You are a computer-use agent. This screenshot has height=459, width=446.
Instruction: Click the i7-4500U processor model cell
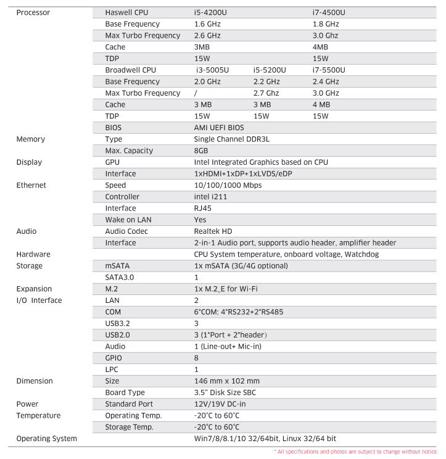[x=329, y=12]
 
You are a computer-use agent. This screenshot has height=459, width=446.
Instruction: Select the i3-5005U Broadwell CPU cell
[x=212, y=70]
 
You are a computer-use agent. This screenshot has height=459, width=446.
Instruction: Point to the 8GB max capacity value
[x=202, y=151]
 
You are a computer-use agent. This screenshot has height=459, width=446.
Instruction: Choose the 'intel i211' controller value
[x=210, y=197]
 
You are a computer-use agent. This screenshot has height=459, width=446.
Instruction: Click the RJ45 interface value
[x=202, y=209]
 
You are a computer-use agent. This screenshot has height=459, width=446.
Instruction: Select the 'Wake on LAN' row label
[x=128, y=220]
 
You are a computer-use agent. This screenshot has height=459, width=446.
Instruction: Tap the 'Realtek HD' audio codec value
[x=213, y=231]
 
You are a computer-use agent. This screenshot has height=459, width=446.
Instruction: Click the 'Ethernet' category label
[x=31, y=185]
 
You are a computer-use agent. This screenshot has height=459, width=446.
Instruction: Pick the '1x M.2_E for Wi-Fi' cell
[x=226, y=289]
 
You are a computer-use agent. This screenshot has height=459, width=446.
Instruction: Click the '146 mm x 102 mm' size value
[x=227, y=381]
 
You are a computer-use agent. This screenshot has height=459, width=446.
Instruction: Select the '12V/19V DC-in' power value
[x=221, y=404]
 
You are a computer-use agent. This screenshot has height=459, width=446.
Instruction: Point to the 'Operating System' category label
[x=46, y=439]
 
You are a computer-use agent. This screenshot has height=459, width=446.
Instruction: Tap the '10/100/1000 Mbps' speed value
[x=228, y=185]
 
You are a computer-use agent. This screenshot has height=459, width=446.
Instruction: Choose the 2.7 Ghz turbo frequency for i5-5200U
[x=266, y=93]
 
